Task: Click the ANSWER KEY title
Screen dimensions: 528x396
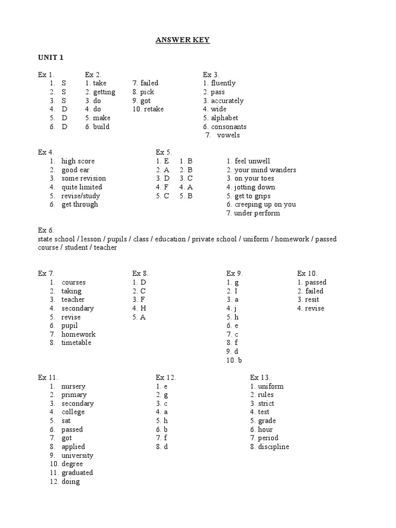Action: pyautogui.click(x=183, y=40)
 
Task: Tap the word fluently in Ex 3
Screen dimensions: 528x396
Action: pyautogui.click(x=223, y=83)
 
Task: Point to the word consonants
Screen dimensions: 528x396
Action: pyautogui.click(x=228, y=126)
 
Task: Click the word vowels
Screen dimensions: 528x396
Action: pyautogui.click(x=228, y=135)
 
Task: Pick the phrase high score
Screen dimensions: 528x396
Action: pyautogui.click(x=78, y=161)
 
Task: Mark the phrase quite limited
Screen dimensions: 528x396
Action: pyautogui.click(x=81, y=187)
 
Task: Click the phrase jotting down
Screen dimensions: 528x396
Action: pyautogui.click(x=255, y=187)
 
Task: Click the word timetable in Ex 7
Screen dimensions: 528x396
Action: pyautogui.click(x=76, y=343)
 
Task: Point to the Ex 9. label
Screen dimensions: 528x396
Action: pyautogui.click(x=235, y=274)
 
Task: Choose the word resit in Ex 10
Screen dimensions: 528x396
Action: pyautogui.click(x=312, y=300)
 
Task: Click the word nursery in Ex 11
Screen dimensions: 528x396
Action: pyautogui.click(x=73, y=386)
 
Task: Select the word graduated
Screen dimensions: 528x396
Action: pyautogui.click(x=77, y=473)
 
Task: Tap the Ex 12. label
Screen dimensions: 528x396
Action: pyautogui.click(x=166, y=377)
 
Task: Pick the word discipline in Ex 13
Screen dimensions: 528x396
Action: pyautogui.click(x=274, y=447)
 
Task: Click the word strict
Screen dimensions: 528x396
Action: pyautogui.click(x=266, y=404)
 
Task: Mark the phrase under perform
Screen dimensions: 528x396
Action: pyautogui.click(x=257, y=213)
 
